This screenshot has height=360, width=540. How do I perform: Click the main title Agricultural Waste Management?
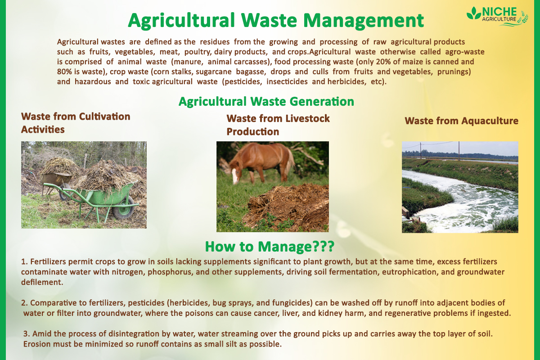276,20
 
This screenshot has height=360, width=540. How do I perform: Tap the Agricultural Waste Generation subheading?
266,101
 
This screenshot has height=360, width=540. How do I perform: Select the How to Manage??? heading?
269,246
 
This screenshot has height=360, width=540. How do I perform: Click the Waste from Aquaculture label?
461,121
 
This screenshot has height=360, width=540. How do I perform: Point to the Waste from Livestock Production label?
278,125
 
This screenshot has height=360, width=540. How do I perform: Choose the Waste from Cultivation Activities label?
76,123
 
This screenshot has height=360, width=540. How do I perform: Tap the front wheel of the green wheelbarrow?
123,210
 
